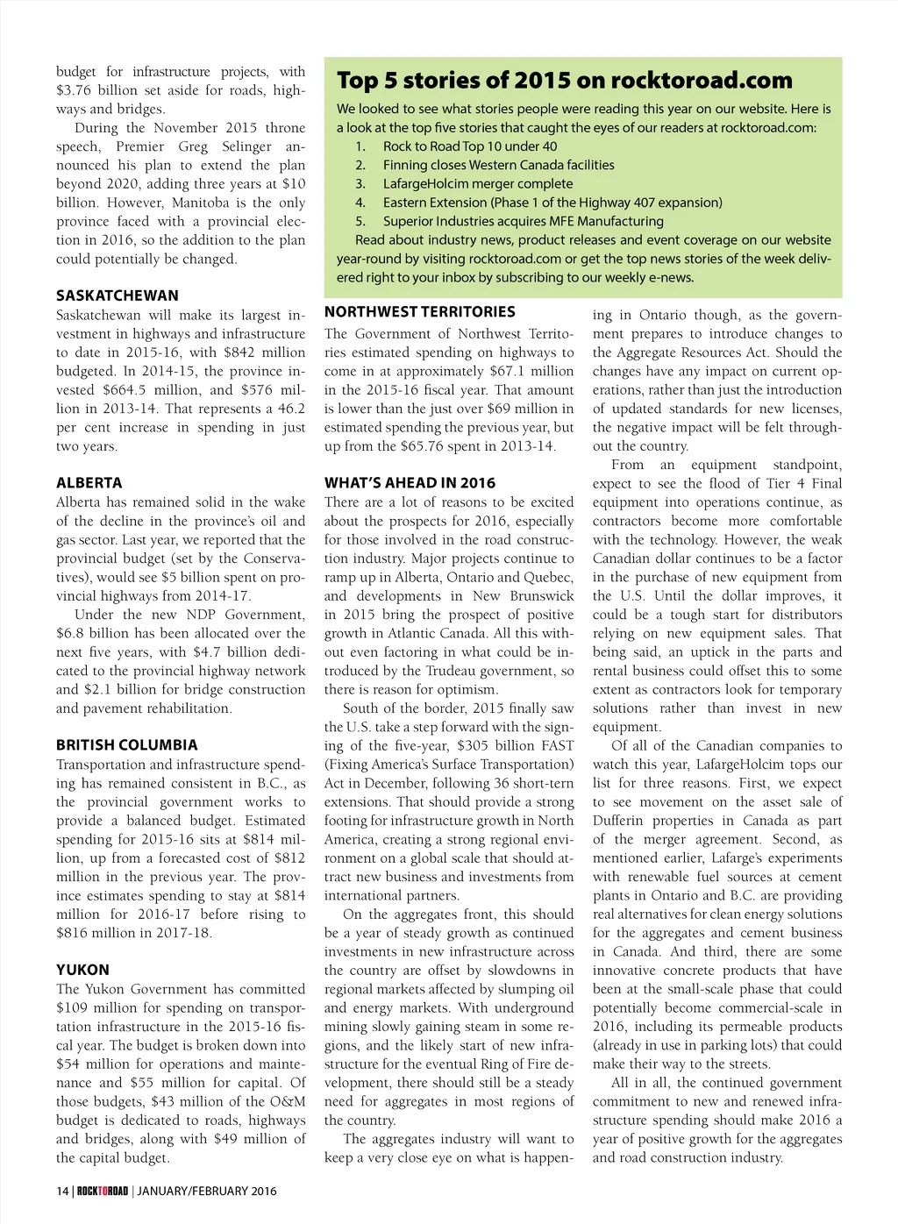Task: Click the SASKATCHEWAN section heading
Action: click(x=118, y=295)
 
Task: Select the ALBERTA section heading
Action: click(x=89, y=483)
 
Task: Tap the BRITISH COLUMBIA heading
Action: click(x=127, y=745)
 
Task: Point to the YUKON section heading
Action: click(x=83, y=970)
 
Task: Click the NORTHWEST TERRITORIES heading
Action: click(x=420, y=312)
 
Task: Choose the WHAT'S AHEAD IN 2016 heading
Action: click(x=410, y=483)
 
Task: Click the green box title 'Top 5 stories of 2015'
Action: click(x=564, y=81)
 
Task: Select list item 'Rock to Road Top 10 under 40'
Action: click(x=469, y=146)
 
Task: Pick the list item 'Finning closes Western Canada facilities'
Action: click(x=498, y=165)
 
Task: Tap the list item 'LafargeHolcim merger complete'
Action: click(x=477, y=184)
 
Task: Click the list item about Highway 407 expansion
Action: click(x=552, y=203)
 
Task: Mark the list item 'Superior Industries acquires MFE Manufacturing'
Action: click(x=523, y=222)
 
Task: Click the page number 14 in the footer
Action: click(x=62, y=1191)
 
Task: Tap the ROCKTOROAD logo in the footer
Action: click(x=103, y=1191)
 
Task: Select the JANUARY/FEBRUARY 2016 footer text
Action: click(x=207, y=1191)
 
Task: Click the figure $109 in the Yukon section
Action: click(x=73, y=1008)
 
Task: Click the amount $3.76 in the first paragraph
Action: click(x=74, y=90)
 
